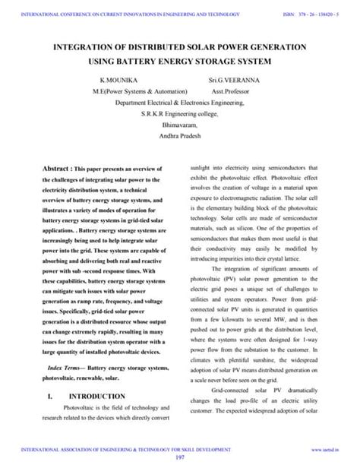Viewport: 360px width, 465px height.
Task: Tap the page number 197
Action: pyautogui.click(x=180, y=457)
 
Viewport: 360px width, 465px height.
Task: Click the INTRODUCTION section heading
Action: pyautogui.click(x=96, y=397)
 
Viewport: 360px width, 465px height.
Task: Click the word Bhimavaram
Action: pyautogui.click(x=179, y=125)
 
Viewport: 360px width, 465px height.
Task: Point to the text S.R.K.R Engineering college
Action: pyautogui.click(x=179, y=113)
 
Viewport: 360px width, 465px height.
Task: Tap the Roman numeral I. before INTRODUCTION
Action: pyautogui.click(x=49, y=397)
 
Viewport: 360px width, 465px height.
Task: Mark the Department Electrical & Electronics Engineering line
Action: pyautogui.click(x=179, y=102)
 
